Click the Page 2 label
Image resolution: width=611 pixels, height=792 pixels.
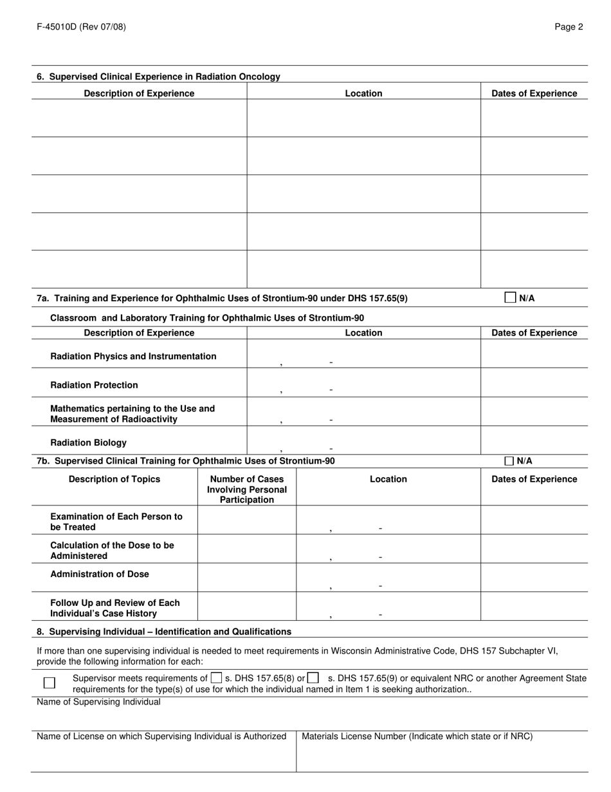click(569, 27)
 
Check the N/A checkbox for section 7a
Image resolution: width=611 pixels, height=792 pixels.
click(510, 297)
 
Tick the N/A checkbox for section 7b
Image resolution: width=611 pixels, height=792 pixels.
click(509, 461)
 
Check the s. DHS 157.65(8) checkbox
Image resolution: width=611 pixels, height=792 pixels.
click(217, 677)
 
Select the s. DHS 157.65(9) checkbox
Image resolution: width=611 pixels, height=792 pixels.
click(313, 677)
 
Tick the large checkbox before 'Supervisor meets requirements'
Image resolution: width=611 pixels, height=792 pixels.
click(50, 683)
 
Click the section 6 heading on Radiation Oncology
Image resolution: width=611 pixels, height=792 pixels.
click(158, 77)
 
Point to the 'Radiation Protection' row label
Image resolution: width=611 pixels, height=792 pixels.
click(94, 385)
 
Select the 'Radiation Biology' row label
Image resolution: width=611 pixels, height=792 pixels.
click(88, 442)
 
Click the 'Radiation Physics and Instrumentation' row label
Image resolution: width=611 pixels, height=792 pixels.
click(133, 356)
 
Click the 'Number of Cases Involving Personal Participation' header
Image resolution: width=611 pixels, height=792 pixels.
click(247, 489)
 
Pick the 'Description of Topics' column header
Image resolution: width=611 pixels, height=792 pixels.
click(114, 479)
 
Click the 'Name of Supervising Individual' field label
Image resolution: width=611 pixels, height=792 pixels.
click(98, 702)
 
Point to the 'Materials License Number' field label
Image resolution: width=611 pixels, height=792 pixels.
click(417, 736)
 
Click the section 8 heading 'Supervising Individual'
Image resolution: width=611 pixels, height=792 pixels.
click(164, 631)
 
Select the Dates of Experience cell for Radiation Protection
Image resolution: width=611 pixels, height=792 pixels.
click(534, 382)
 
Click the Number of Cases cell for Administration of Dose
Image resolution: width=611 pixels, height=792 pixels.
click(247, 577)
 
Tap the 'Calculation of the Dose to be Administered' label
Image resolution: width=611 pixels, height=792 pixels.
click(112, 550)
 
